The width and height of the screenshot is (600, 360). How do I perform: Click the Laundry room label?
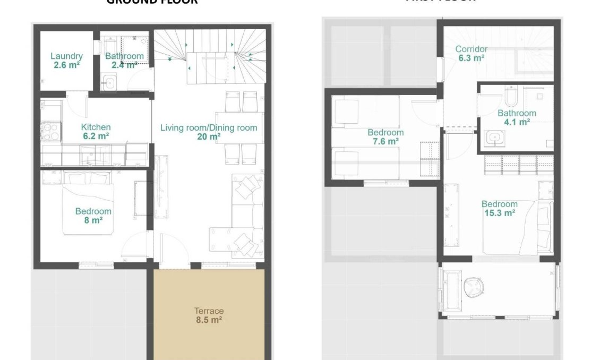point(66,56)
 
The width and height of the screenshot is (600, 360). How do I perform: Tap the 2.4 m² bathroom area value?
point(124,65)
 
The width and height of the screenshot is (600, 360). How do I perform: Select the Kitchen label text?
point(96,127)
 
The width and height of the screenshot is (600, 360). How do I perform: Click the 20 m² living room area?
point(209,136)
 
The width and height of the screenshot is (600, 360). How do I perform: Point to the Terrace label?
point(209,311)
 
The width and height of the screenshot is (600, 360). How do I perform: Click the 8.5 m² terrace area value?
point(209,320)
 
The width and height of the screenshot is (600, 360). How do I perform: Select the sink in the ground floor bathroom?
point(110,82)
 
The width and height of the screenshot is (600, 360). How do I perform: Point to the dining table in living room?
point(239,127)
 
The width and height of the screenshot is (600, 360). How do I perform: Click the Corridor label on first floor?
point(471,49)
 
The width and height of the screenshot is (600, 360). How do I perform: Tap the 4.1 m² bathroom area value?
point(517,122)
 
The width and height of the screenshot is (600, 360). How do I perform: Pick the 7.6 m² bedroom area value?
point(385,141)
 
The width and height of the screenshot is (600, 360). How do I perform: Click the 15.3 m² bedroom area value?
point(499,213)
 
